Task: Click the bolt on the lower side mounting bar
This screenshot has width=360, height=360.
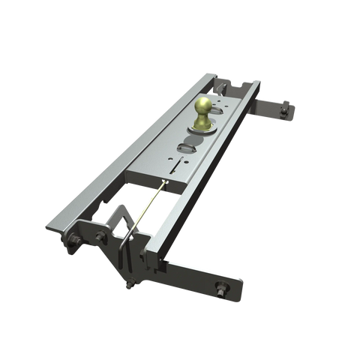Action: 223,288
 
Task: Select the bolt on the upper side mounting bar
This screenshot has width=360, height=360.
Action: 286,111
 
